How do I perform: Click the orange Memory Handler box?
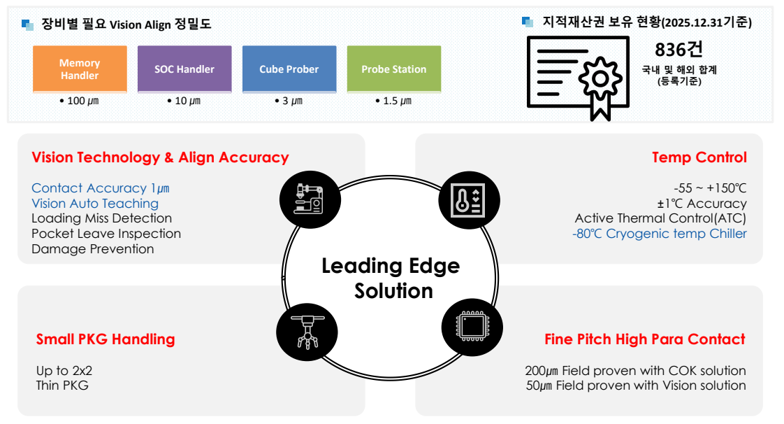point(80,69)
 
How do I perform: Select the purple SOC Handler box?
point(184,69)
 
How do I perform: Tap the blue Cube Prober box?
point(289,69)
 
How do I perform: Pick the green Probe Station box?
point(394,69)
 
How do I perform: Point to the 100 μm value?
point(79,101)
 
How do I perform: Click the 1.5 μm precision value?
point(393,101)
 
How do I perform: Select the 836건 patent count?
point(678,50)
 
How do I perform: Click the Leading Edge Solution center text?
point(391,278)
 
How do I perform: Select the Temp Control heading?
point(699,157)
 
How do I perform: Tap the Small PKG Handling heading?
point(106,339)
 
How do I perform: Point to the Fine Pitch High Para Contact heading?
point(644,339)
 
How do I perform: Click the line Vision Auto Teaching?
point(95,204)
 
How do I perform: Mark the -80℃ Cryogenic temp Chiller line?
point(660,234)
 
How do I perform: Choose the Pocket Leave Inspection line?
point(106,234)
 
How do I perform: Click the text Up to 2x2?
point(64,370)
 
